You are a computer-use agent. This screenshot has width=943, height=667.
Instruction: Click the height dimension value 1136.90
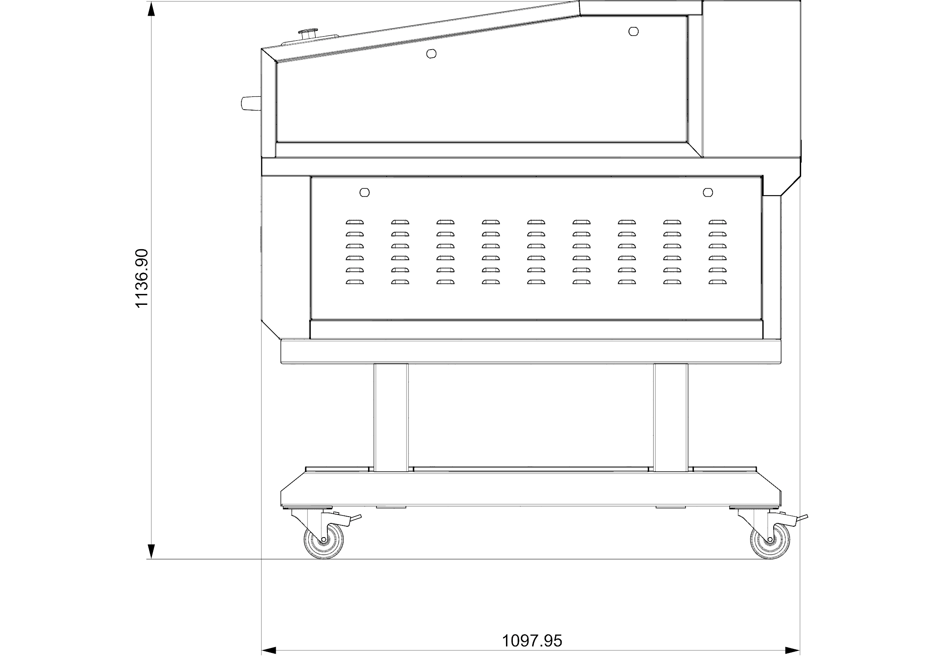point(142,278)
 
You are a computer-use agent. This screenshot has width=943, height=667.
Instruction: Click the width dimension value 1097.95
point(532,640)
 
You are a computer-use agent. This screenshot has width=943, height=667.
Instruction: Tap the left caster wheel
point(324,542)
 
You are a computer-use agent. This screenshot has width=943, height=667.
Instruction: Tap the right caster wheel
point(770,542)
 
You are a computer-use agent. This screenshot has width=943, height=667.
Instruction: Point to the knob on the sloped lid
point(308,33)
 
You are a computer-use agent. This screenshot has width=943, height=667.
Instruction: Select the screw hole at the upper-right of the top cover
point(634,31)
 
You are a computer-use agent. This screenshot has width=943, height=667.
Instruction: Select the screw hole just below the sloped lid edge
point(431,53)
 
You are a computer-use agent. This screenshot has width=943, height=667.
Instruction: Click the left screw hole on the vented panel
point(364,192)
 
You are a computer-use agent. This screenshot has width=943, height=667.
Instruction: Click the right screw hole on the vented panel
point(708,192)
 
